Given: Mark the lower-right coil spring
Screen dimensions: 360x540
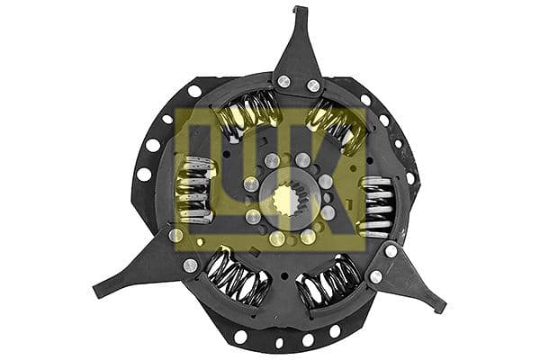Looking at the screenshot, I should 329,283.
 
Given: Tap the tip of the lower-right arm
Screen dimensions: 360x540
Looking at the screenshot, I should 441,308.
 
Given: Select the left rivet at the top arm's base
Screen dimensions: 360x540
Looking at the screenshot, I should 284,82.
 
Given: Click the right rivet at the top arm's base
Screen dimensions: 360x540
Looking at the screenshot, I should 313,85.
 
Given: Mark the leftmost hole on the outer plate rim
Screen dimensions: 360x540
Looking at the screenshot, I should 143,174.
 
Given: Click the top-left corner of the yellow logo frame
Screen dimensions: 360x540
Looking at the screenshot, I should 176,109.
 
